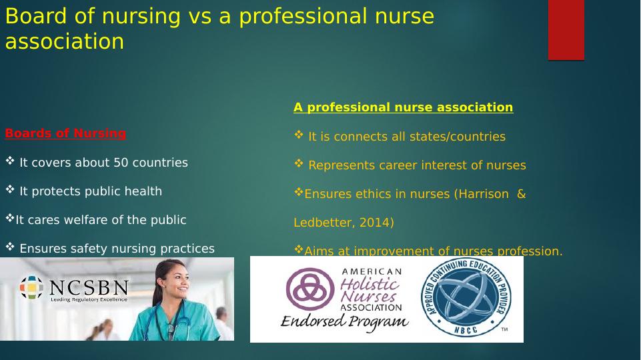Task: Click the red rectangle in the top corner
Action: coord(566,30)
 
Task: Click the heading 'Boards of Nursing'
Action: coord(65,133)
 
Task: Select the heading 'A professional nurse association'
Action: coord(403,107)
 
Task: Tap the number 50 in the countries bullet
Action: coord(121,163)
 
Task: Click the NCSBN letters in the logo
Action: coord(89,288)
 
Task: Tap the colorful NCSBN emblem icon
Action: coord(31,287)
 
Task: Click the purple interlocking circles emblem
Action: coord(310,289)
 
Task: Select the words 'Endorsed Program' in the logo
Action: coord(345,321)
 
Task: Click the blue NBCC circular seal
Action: coord(466,297)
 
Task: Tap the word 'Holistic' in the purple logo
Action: coord(370,283)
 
